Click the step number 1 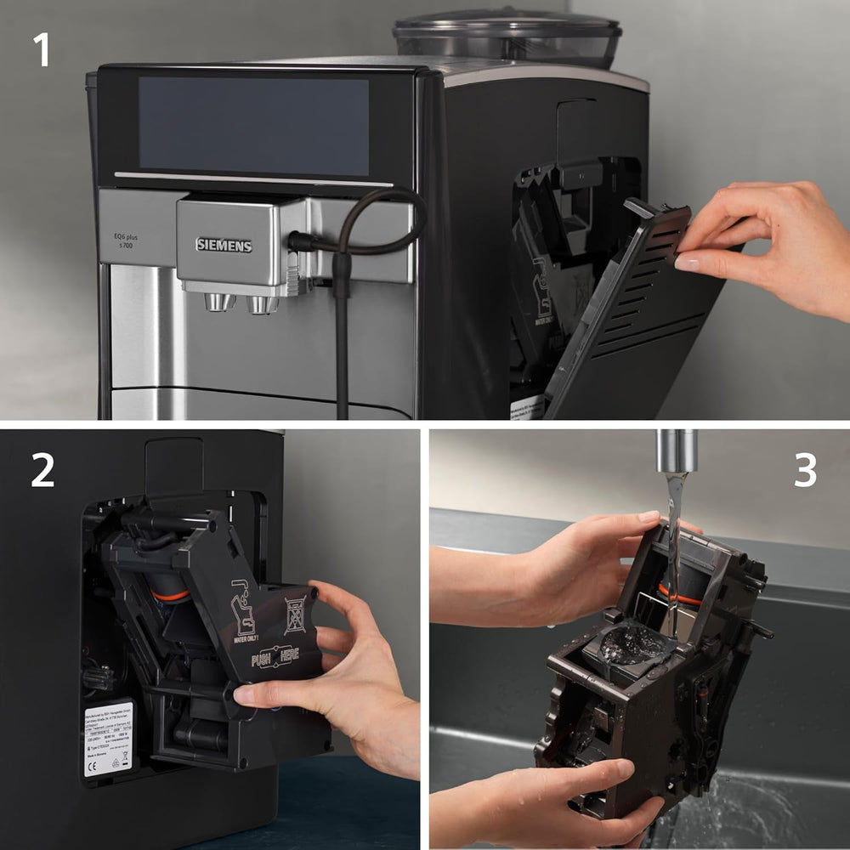41,51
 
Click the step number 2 42,470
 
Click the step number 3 804,470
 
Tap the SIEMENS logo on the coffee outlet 224,245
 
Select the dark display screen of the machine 253,126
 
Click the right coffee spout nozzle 262,303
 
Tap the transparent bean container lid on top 507,34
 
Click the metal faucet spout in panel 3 676,450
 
